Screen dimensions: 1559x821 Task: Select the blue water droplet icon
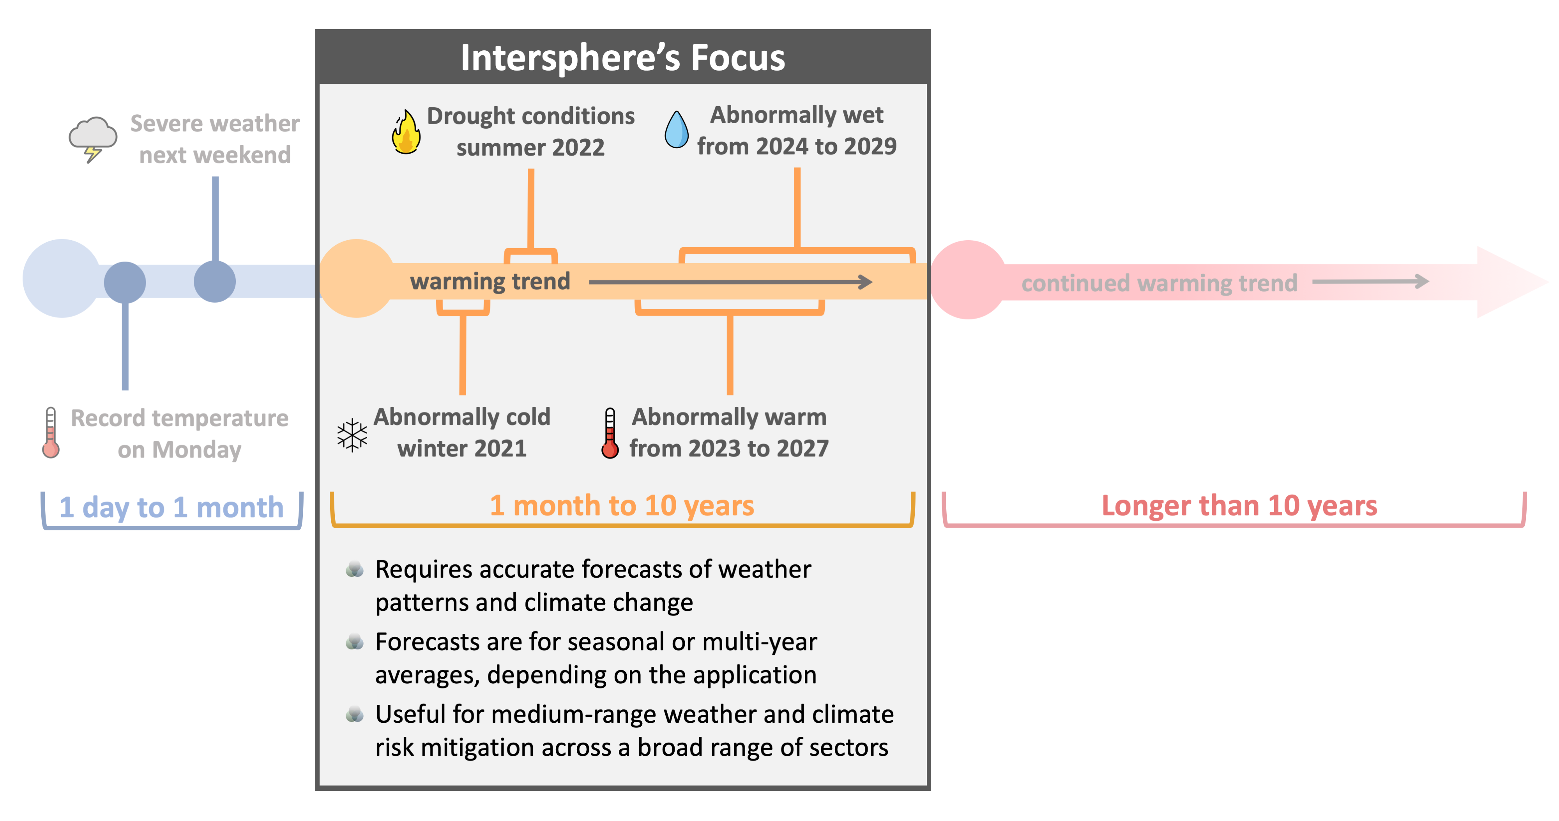coord(677,129)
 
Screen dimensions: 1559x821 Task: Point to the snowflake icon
coord(352,435)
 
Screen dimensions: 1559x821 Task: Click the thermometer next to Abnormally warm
coord(610,433)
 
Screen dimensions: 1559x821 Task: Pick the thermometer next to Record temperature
coord(51,432)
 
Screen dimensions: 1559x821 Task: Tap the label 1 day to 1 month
coord(171,507)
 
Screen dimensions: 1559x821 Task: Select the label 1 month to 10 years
coord(622,505)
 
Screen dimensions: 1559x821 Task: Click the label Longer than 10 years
coord(1239,505)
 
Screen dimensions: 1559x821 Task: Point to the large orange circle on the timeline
coord(357,278)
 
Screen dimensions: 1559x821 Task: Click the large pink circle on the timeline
coord(968,280)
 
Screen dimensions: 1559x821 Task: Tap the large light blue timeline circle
coord(62,278)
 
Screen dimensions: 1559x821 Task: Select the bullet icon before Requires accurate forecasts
coord(355,569)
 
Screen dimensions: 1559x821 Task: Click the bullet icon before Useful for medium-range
coord(355,715)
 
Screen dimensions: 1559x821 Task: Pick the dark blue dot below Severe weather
coord(215,282)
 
